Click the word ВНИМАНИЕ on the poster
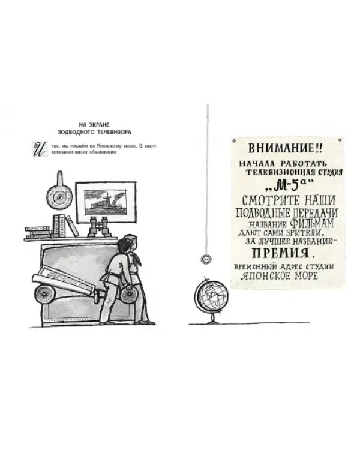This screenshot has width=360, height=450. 281,148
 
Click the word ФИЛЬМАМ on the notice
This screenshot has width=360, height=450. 312,223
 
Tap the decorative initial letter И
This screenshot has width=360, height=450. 40,148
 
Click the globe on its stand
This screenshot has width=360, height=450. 212,299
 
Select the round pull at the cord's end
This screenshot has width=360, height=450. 206,259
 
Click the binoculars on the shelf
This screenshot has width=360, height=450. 100,227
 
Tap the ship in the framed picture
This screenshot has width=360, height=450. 105,203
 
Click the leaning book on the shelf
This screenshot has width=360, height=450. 72,226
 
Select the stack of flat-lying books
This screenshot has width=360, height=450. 38,232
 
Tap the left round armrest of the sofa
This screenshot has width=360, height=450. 45,293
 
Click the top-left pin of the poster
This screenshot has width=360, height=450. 234,141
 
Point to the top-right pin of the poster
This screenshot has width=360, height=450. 340,140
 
